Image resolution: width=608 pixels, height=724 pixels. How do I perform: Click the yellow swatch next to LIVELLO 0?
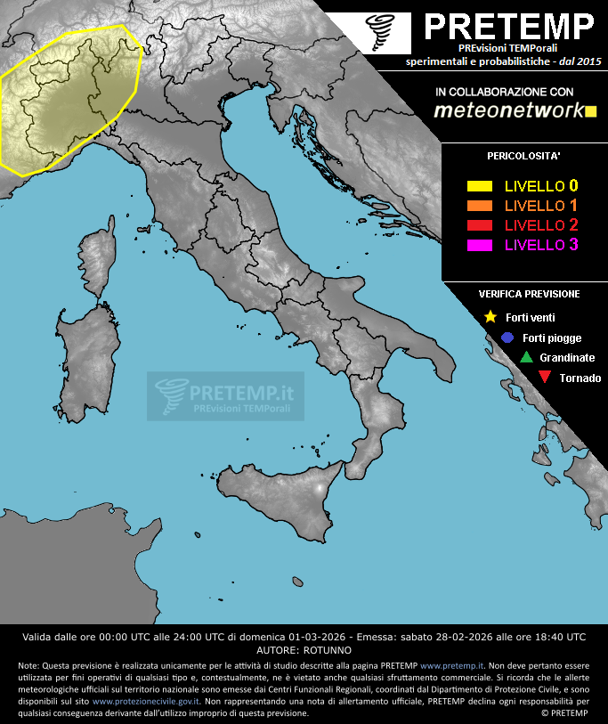[480, 186]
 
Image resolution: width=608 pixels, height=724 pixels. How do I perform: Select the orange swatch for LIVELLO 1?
[480, 206]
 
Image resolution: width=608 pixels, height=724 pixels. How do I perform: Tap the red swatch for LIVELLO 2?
[480, 224]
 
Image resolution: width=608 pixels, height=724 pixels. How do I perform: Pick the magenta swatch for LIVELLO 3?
[480, 244]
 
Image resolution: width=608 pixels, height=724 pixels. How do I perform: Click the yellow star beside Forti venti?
[490, 317]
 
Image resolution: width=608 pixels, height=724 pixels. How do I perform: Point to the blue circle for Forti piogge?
[507, 338]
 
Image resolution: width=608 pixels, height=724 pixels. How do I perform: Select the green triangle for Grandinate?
[526, 357]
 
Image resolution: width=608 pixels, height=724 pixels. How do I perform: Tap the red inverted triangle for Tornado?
[545, 378]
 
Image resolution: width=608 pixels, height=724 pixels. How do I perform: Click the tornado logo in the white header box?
[385, 31]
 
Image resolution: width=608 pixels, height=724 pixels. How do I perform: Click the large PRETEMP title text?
[509, 27]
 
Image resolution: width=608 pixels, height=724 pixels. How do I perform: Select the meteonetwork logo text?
[508, 110]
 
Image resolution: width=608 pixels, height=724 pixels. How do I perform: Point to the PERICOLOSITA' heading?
[523, 156]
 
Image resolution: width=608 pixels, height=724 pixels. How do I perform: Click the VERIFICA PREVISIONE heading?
[529, 294]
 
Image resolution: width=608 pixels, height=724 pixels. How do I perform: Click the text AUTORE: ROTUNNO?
[304, 650]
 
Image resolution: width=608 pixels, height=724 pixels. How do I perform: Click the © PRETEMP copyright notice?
[563, 712]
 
